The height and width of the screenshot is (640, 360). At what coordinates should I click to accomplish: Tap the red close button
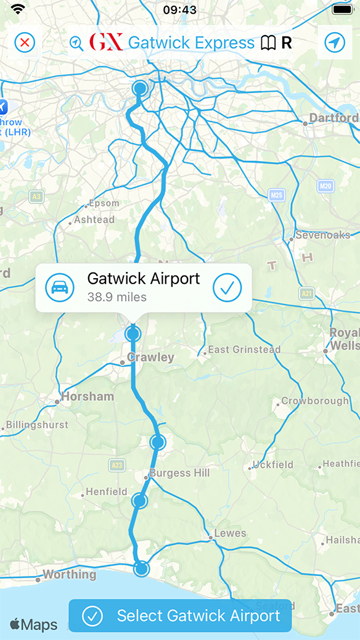(x=25, y=43)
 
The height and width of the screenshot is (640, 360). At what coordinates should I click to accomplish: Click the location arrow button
(x=335, y=43)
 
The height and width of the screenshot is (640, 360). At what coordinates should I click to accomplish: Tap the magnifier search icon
(x=76, y=43)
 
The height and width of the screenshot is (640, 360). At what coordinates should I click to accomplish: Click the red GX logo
(x=106, y=43)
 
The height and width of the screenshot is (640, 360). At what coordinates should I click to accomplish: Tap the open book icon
(x=268, y=43)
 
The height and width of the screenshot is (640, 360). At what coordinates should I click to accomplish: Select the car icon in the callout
(x=60, y=287)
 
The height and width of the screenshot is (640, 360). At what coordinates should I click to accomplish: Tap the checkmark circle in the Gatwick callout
(x=227, y=287)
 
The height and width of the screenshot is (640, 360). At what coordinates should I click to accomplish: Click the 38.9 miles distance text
(x=117, y=297)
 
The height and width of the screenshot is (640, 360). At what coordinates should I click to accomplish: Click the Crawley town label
(x=150, y=357)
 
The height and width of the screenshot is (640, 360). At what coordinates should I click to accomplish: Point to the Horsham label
(x=88, y=396)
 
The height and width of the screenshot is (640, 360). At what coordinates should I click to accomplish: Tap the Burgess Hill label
(x=180, y=473)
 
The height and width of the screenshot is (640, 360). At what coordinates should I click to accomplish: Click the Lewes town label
(x=230, y=533)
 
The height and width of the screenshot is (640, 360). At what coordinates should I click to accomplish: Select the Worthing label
(x=69, y=575)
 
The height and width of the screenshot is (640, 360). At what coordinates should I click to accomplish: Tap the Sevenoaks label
(x=322, y=235)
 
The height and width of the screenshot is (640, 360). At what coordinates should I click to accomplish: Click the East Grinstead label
(x=244, y=350)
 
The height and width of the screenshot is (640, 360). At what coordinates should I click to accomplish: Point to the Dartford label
(x=333, y=118)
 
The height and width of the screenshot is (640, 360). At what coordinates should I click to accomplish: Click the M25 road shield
(x=277, y=195)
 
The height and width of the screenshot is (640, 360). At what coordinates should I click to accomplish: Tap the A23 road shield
(x=116, y=464)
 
